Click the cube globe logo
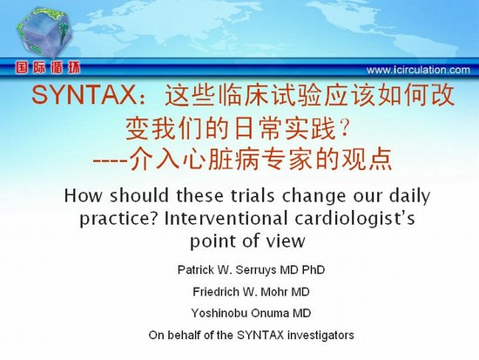[x=44, y=33]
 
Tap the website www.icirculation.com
[x=418, y=70]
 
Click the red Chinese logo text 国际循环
[x=48, y=68]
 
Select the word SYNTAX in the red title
[x=84, y=95]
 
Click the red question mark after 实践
[x=344, y=128]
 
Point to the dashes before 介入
[x=110, y=160]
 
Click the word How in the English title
[x=83, y=195]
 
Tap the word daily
[x=409, y=197]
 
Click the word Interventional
[x=226, y=219]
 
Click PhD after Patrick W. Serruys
[x=314, y=269]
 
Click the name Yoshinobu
[x=219, y=314]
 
